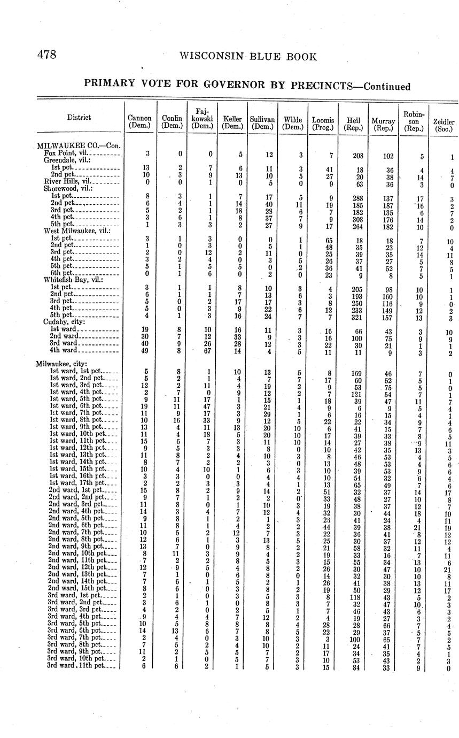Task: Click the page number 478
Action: (46, 55)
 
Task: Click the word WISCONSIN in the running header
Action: (211, 57)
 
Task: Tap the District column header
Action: (79, 117)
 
